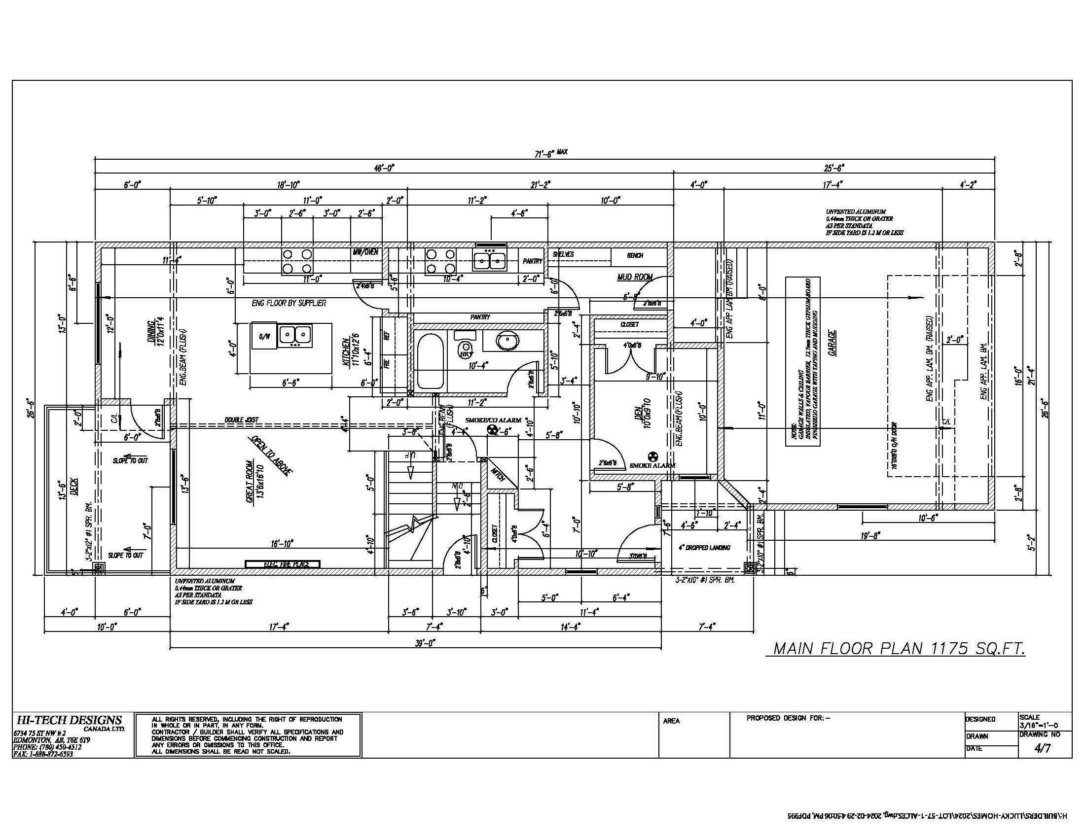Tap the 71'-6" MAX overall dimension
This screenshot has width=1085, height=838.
pyautogui.click(x=550, y=153)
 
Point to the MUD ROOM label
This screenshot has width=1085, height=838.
pyautogui.click(x=634, y=277)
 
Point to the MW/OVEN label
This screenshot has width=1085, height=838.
pyautogui.click(x=365, y=252)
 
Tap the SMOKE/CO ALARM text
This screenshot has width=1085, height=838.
pyautogui.click(x=493, y=420)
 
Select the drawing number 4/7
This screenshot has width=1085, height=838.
pyautogui.click(x=1042, y=749)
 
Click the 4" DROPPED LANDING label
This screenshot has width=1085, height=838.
pyautogui.click(x=704, y=548)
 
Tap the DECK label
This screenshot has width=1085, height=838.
pyautogui.click(x=73, y=485)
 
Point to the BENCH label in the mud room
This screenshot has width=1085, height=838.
pyautogui.click(x=635, y=255)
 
